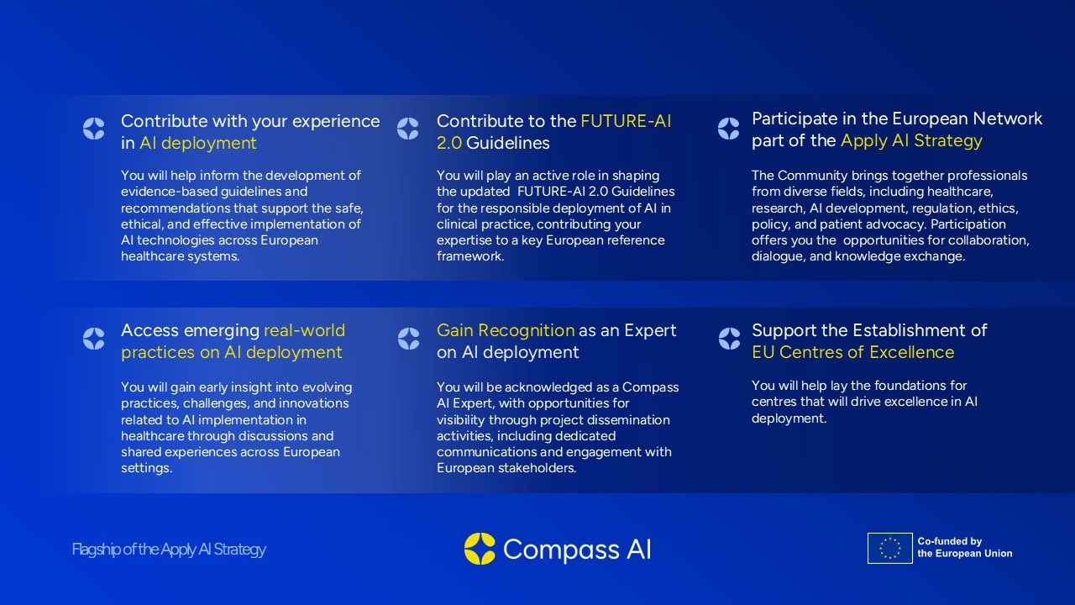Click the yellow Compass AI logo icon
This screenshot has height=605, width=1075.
(480, 549)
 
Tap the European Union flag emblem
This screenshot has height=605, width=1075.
(889, 548)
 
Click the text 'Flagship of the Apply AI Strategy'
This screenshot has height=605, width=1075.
(169, 550)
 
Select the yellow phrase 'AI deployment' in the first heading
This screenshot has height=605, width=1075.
(197, 143)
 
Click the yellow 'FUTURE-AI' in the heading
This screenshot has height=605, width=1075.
(626, 121)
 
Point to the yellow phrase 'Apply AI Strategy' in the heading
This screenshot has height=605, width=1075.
(911, 140)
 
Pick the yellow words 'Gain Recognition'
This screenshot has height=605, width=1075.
(506, 330)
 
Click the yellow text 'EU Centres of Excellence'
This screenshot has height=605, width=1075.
(852, 352)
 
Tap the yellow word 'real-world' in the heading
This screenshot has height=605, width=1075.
(304, 330)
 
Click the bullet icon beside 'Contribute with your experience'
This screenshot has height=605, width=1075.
(93, 129)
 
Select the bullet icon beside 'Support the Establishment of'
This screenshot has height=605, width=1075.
(730, 339)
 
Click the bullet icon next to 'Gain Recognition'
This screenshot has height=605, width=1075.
(408, 339)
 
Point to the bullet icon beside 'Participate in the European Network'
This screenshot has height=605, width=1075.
(728, 129)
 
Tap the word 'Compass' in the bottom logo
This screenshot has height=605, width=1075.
(561, 550)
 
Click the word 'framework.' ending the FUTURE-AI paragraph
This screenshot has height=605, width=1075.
(470, 256)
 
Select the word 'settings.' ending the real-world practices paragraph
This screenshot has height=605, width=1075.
(146, 468)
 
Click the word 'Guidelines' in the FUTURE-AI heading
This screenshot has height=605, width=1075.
(508, 143)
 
